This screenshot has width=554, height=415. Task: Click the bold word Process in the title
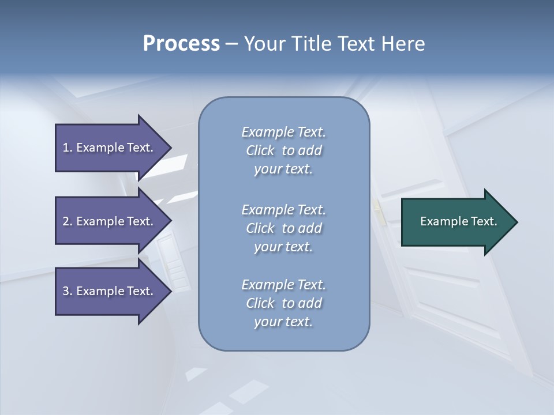[x=181, y=44]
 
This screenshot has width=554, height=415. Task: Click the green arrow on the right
[x=456, y=222]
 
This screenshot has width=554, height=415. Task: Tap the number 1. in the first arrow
[x=67, y=148]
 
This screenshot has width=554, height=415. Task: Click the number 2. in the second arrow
[x=67, y=221]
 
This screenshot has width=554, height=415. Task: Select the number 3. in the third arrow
[x=67, y=291]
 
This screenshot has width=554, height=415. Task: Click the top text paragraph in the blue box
[x=283, y=150]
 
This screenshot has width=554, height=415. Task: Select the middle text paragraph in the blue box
[x=283, y=228]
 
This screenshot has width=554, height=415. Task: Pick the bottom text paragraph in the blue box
[x=283, y=303]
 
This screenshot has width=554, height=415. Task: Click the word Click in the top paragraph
[x=260, y=150]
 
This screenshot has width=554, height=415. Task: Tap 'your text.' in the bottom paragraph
[x=283, y=322]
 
